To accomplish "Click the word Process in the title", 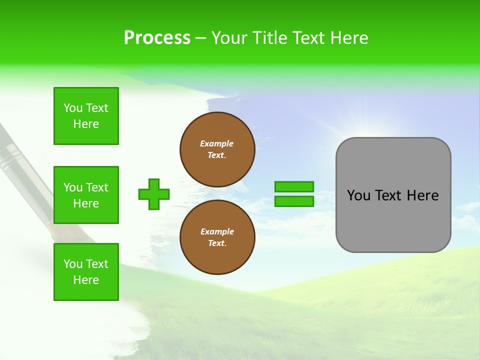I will [x=157, y=38].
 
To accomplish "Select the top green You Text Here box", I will [x=86, y=116].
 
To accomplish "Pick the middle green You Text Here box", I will [x=86, y=195].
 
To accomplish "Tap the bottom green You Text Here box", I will [x=86, y=272].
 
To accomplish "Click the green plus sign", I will [x=154, y=194].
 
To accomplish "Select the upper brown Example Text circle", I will [x=217, y=149].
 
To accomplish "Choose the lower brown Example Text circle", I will [x=217, y=237].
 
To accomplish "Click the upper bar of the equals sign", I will [x=294, y=186].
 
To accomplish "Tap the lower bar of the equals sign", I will [x=294, y=201].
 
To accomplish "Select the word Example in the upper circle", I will [x=217, y=143].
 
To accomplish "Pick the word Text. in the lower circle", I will [x=217, y=243].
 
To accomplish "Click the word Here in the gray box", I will [x=422, y=195].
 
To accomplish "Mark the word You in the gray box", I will [x=358, y=195].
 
